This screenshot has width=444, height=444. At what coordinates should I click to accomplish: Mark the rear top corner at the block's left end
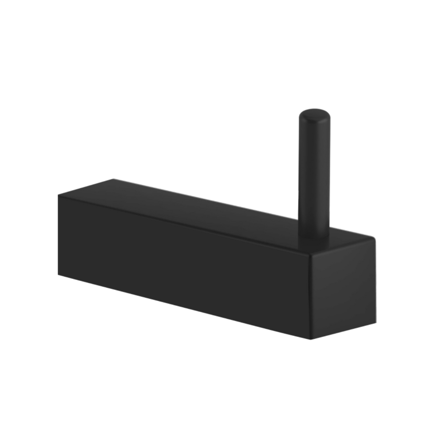click(113, 178)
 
